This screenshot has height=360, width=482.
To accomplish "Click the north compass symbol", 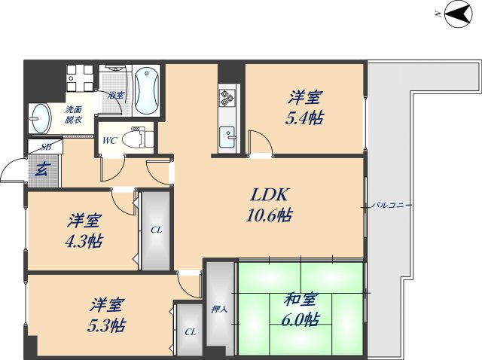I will pyautogui.click(x=455, y=14).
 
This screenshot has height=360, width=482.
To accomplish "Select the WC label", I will pyautogui.click(x=108, y=140).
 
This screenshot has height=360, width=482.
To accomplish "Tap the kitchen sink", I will pyautogui.click(x=227, y=137).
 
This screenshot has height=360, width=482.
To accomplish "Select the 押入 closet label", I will pyautogui.click(x=218, y=309).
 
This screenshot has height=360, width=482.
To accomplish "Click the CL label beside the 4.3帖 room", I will pyautogui.click(x=155, y=230).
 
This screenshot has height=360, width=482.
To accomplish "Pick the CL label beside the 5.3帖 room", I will pyautogui.click(x=190, y=331).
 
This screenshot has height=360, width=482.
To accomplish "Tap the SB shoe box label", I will pyautogui.click(x=45, y=148).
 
